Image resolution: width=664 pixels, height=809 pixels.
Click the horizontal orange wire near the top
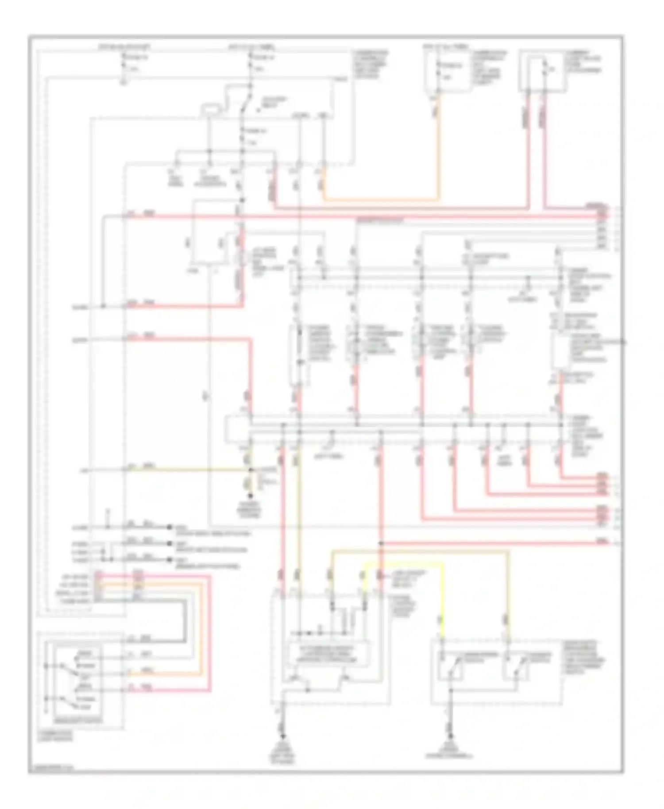pyautogui.click(x=381, y=200)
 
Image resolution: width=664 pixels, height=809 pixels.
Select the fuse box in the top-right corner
pyautogui.click(x=543, y=71)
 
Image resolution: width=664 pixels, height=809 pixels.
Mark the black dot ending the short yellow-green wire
pyautogui.click(x=251, y=497)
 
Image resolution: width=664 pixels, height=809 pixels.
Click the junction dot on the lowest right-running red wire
pyautogui.click(x=380, y=543)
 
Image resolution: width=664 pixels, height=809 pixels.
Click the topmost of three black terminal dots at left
pyautogui.click(x=169, y=528)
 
